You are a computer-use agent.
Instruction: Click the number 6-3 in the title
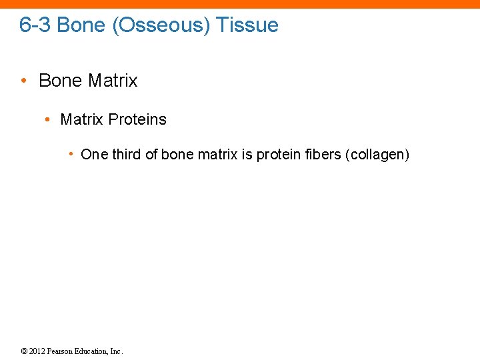pos(35,25)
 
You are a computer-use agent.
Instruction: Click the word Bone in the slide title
pos(77,25)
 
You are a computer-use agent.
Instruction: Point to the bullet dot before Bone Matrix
pos(23,81)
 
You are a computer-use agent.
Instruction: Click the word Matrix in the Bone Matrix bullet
pos(112,81)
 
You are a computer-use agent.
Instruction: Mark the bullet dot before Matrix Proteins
pos(47,119)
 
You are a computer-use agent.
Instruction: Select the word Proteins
pos(137,119)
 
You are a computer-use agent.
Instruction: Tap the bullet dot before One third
pos(71,155)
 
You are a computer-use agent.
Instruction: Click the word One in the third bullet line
pos(94,155)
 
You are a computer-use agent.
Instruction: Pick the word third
pos(127,155)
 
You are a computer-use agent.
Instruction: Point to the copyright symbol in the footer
pos(23,351)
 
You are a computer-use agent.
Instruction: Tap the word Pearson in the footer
pos(61,351)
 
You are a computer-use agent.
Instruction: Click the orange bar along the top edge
pos(240,4)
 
